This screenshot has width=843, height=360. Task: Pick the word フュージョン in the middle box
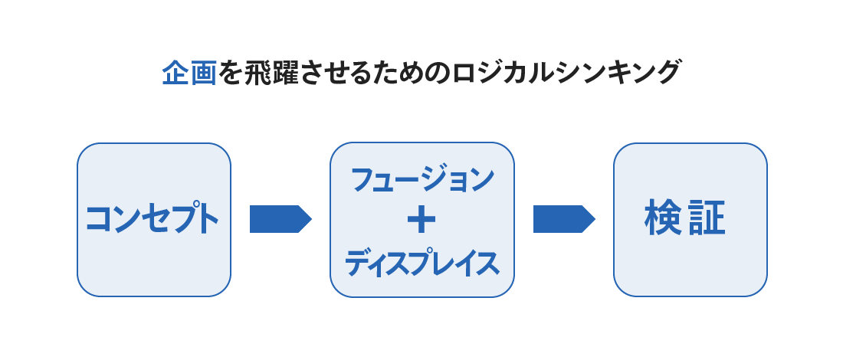coord(422,180)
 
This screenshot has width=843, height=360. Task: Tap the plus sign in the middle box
coord(421,221)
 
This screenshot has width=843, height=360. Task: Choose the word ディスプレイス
coord(422,263)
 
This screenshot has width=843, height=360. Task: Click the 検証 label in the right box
coord(685,218)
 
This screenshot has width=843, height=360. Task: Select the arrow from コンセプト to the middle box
coord(280,219)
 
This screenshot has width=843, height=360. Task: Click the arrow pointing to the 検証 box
coord(564,219)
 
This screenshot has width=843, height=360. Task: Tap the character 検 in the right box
coord(663,218)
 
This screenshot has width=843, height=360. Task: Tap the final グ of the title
coord(668,73)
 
